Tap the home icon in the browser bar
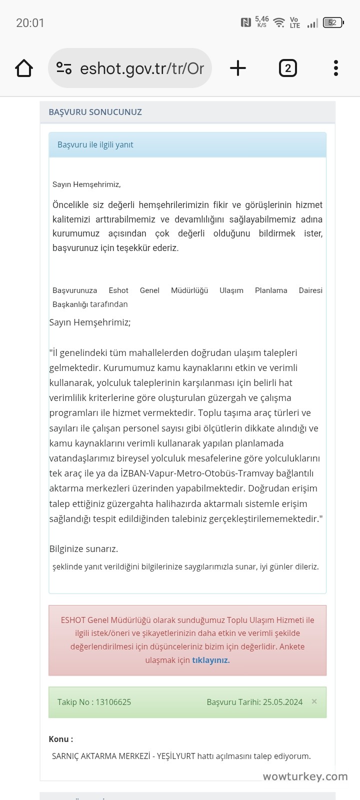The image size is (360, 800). (24, 68)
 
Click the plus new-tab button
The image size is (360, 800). (238, 68)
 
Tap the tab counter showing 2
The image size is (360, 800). (287, 68)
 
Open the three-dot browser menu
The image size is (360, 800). (335, 68)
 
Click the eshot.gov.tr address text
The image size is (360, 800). (141, 68)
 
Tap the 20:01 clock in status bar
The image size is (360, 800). (30, 23)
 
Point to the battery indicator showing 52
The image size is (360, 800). (333, 22)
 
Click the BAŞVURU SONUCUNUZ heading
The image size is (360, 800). (95, 112)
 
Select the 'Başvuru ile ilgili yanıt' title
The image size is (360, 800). (95, 144)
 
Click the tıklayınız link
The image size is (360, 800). (210, 660)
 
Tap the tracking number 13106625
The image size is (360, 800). (113, 702)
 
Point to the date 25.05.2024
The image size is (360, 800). (282, 702)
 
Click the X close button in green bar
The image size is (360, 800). (314, 701)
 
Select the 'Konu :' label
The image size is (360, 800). (60, 739)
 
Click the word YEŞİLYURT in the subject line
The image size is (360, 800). (176, 756)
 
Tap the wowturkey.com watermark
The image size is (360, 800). (305, 776)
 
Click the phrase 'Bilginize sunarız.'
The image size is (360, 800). (83, 548)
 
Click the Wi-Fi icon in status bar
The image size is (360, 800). (279, 22)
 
